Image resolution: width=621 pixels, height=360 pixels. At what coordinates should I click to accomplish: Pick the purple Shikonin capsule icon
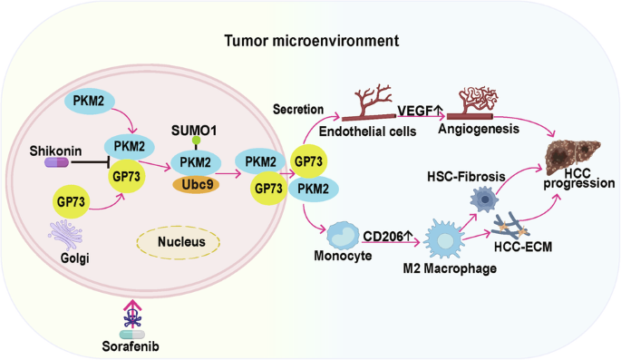[59, 162]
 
